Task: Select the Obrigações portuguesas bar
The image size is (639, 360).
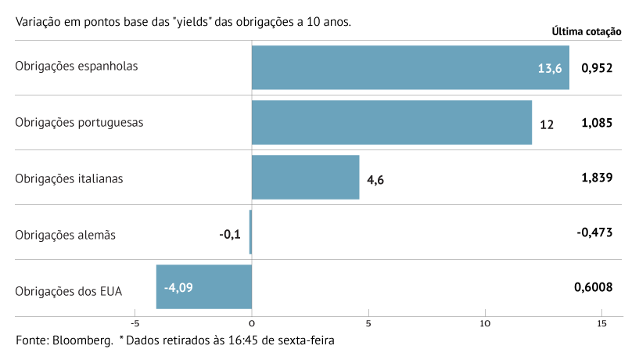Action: (391, 123)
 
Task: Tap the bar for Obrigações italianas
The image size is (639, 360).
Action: (305, 178)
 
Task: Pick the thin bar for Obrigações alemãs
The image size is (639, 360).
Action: (250, 232)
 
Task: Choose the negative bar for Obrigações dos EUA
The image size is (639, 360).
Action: (203, 287)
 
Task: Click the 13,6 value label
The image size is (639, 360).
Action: (550, 68)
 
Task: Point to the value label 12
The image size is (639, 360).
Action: (547, 124)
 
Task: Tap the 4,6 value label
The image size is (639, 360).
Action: (375, 179)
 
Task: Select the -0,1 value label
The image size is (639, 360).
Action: (231, 233)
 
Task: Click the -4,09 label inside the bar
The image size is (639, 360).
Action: (178, 287)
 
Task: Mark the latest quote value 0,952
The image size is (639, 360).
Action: (597, 67)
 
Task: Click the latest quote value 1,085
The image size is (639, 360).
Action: (597, 123)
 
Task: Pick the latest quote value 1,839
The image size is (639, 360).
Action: (597, 178)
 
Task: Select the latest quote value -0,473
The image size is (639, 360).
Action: (594, 232)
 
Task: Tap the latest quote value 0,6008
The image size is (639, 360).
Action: (593, 287)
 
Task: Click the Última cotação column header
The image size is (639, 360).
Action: (587, 32)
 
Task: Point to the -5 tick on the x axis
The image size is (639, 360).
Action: (135, 323)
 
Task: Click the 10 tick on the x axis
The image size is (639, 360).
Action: (485, 323)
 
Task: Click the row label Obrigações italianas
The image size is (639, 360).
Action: (69, 178)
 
